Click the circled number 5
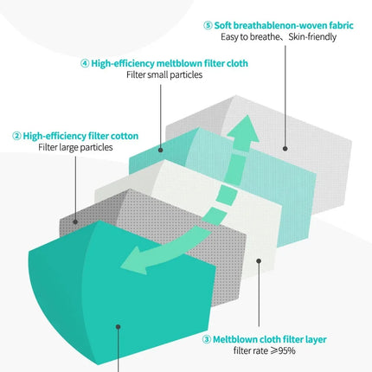[x=208, y=26]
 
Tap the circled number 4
[x=85, y=63]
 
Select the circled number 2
[x=16, y=136]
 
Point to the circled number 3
[x=207, y=339]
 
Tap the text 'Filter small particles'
[x=164, y=74]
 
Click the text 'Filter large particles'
[x=75, y=147]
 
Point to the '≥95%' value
[x=283, y=350]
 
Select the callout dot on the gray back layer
[x=285, y=149]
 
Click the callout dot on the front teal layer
[x=118, y=327]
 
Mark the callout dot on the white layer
[x=259, y=261]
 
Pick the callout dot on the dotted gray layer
[x=75, y=221]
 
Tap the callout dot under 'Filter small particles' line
[x=161, y=150]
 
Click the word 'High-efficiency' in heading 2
[x=55, y=136]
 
